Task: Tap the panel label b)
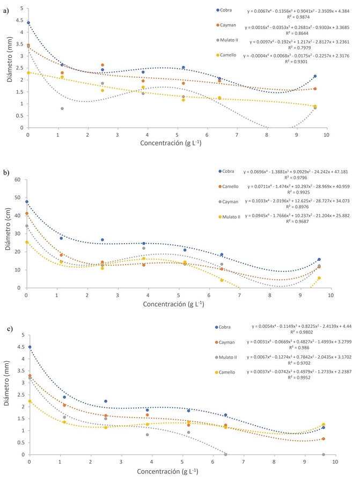coord(6,173)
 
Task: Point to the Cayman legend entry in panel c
coord(227,342)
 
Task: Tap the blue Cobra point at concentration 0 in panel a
coord(28,23)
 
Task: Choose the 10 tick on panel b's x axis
coord(331,295)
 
